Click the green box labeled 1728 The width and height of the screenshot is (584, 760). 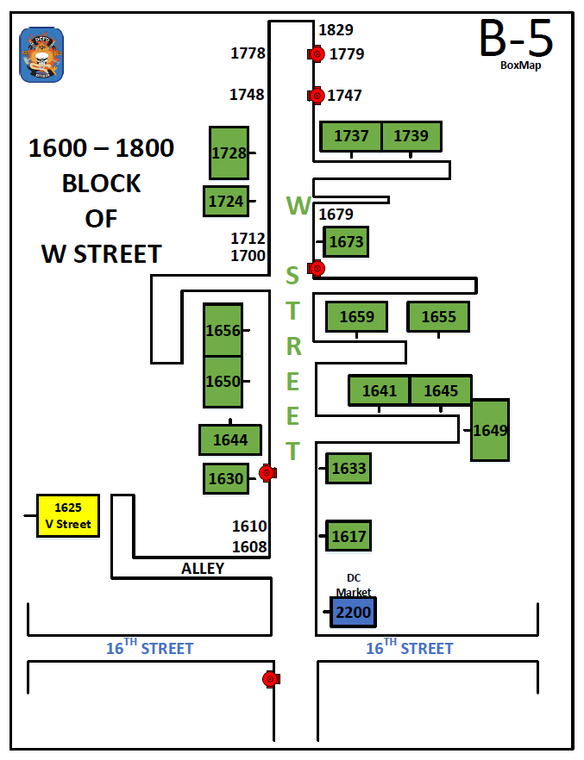pos(229,153)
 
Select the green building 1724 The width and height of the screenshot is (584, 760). pos(226,201)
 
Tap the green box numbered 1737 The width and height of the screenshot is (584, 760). pos(351,136)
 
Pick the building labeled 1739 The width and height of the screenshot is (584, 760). pos(411,136)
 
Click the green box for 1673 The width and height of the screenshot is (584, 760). pos(346,242)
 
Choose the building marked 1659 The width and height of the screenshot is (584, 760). pos(356,316)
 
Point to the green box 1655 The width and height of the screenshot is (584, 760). pos(438,316)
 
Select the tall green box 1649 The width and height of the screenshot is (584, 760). pos(490,430)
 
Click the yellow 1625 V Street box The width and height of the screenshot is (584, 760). pos(68,515)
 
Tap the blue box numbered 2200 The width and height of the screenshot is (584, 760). pos(353,613)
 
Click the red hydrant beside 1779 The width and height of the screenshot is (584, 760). pos(317,54)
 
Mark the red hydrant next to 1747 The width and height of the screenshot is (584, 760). pos(317,95)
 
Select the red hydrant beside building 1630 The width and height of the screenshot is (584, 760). pos(267,472)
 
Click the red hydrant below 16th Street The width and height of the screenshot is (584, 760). pos(270,679)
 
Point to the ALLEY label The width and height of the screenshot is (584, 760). pos(203,569)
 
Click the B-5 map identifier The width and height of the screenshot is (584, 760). pos(517,38)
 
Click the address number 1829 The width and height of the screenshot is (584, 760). pos(336,30)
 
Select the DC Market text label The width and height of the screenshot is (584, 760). pos(353,585)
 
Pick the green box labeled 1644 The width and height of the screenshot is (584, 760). pos(230,440)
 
